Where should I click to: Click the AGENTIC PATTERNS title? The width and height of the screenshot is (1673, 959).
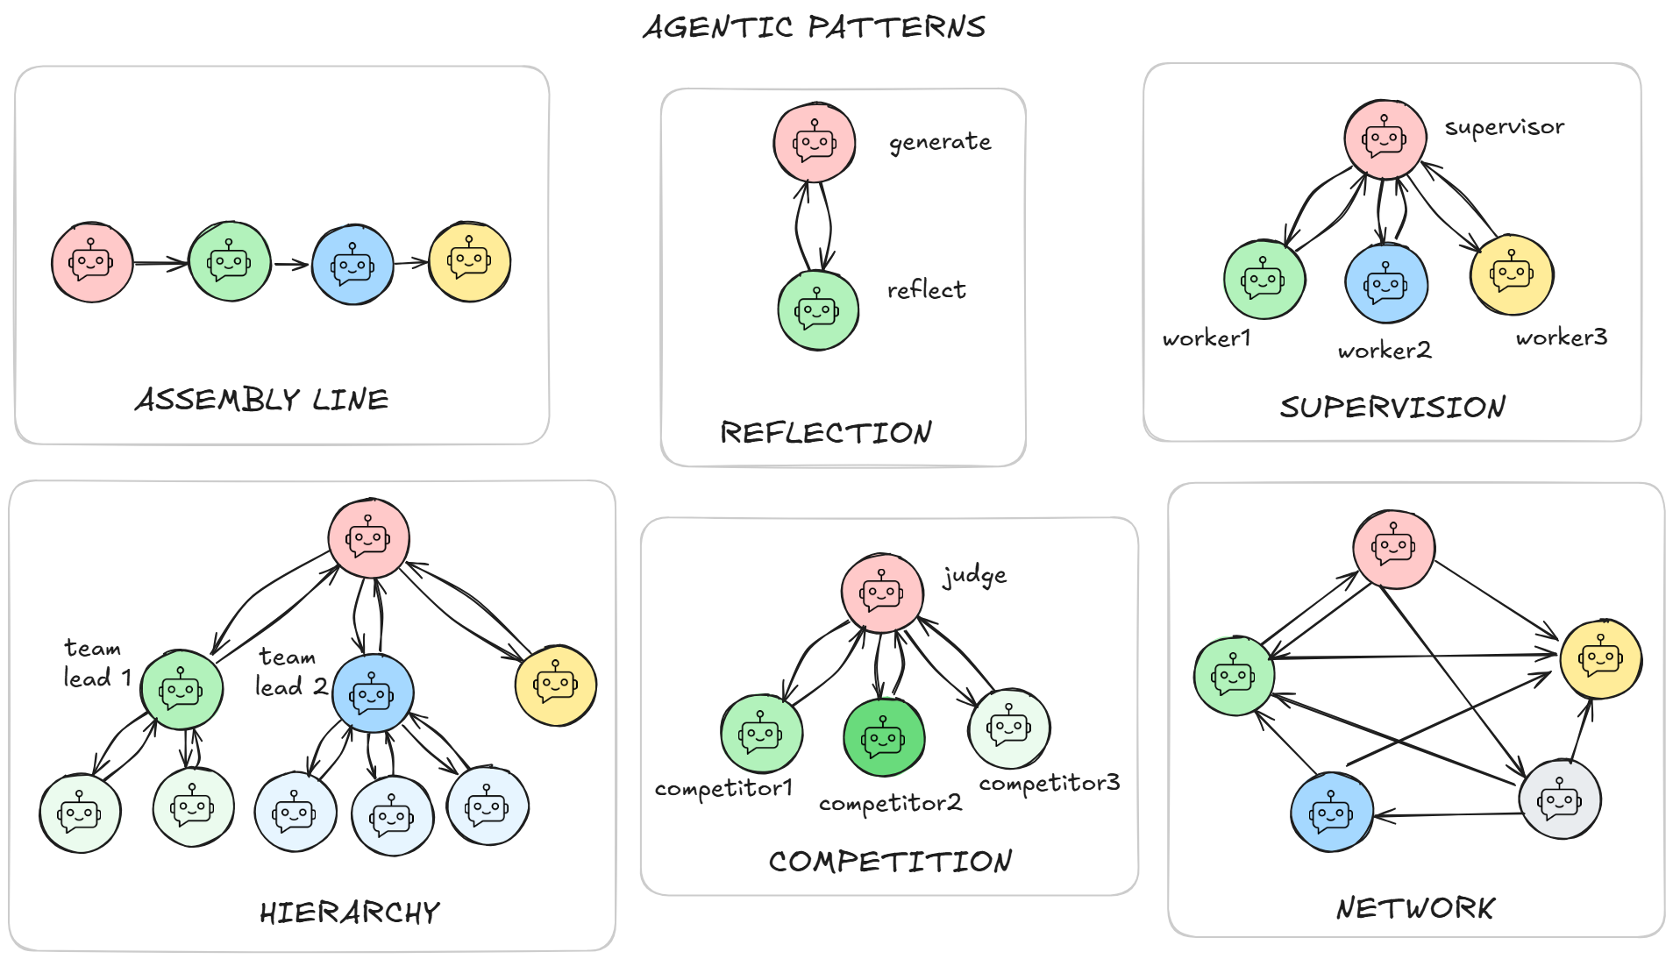coord(814,26)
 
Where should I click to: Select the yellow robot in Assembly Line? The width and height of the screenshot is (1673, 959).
coord(469,261)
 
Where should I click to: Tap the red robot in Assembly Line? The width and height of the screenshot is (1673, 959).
coord(92,262)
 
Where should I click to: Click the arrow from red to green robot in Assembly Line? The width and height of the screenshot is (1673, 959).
coord(160,262)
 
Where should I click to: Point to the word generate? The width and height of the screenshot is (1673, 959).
coord(940,142)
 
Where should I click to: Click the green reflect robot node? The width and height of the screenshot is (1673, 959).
coord(817,310)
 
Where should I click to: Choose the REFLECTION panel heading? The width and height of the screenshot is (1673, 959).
coord(825,432)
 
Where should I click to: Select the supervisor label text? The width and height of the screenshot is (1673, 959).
coord(1504,127)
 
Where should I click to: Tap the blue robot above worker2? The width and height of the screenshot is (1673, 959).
coord(1386,284)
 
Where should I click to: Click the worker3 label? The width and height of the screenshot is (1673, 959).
coord(1561,337)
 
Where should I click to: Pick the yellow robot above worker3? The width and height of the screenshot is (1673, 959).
coord(1512,274)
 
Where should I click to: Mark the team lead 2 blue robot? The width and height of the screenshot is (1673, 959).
coord(373,693)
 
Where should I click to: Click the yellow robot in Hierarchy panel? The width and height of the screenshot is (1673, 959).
coord(556,686)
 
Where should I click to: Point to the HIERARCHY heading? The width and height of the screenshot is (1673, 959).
coord(349,913)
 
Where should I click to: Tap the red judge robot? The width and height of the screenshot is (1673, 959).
coord(881,593)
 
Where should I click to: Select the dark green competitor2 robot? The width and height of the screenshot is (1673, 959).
coord(883,737)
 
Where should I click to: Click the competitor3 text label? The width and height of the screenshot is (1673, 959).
coord(1049,783)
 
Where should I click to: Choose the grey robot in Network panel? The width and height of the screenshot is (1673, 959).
coord(1560,799)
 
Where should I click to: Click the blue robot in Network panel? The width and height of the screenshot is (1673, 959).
coord(1331,813)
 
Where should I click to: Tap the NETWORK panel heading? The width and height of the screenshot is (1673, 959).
coord(1415,908)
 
